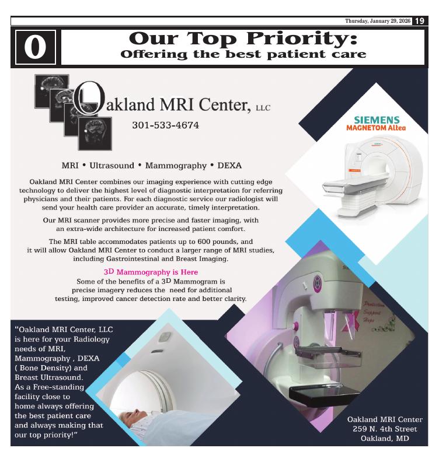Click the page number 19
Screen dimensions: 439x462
click(420, 21)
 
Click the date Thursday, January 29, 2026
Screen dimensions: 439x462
click(378, 21)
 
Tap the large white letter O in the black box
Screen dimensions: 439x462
click(36, 47)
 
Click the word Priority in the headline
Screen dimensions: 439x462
click(302, 38)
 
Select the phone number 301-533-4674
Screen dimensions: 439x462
click(165, 125)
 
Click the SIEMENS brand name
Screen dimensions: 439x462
click(377, 120)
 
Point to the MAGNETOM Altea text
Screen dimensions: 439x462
click(376, 128)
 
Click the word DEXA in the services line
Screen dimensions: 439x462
click(229, 166)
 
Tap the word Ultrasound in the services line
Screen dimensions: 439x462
click(112, 166)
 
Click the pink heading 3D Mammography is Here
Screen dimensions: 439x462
click(151, 272)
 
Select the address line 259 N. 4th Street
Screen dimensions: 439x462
click(385, 429)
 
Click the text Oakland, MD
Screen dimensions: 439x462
click(385, 439)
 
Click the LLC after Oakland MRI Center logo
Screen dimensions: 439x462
click(263, 108)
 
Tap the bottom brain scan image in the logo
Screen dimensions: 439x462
click(95, 134)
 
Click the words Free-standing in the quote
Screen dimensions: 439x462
click(58, 387)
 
